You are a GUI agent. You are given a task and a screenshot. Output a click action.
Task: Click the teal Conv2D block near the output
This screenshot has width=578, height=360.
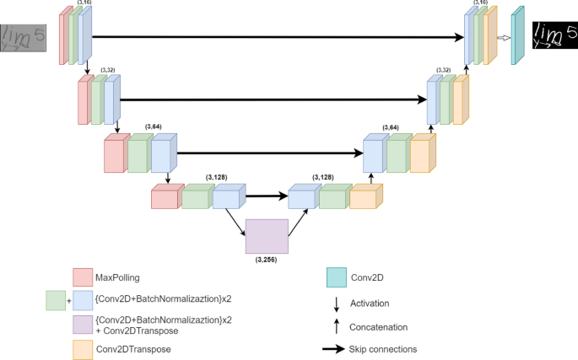pyautogui.click(x=518, y=36)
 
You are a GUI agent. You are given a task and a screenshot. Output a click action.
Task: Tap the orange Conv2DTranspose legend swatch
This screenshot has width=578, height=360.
pyautogui.click(x=82, y=348)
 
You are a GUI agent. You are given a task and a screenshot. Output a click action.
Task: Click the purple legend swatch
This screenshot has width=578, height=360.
pyautogui.click(x=82, y=325)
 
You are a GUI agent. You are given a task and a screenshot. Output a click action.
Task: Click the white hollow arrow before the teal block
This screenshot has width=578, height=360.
pyautogui.click(x=503, y=37)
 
